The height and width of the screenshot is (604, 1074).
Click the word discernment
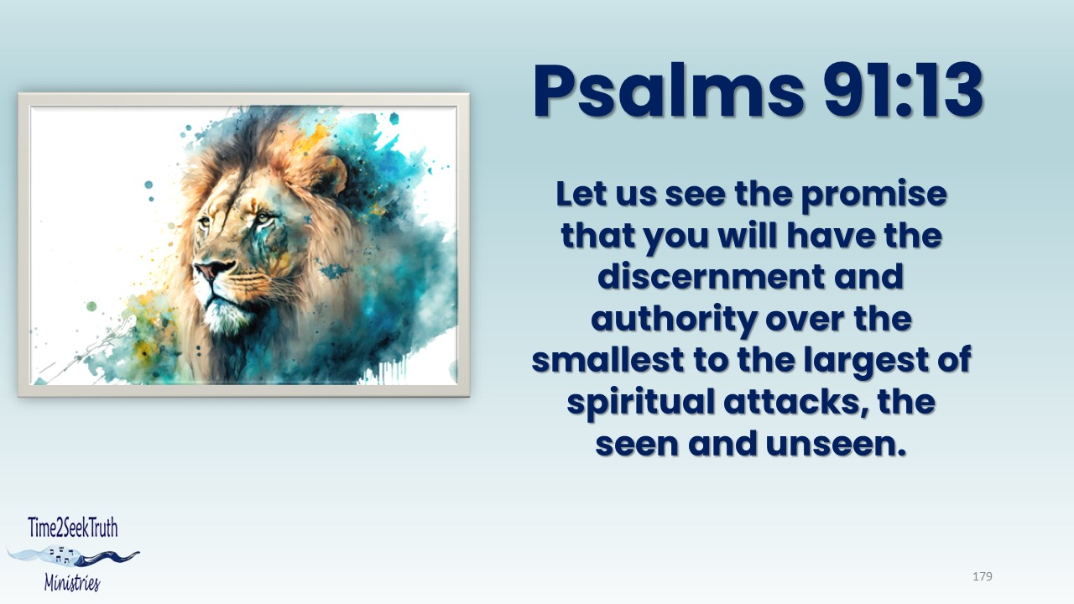[711, 277]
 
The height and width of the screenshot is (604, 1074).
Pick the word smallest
[607, 360]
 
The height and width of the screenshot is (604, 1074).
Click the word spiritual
[640, 403]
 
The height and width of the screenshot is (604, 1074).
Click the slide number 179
[983, 576]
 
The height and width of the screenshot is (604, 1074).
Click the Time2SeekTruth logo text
[73, 528]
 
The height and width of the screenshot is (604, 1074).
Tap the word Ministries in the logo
[72, 582]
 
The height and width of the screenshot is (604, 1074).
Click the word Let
[581, 194]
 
